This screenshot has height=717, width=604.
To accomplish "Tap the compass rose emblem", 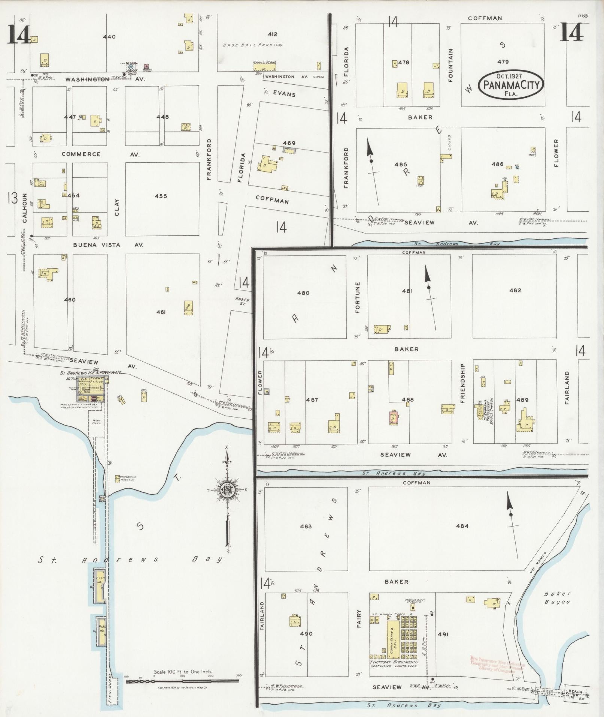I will (227, 489).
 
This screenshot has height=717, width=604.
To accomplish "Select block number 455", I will (161, 196).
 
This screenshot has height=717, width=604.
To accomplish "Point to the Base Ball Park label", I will (252, 45).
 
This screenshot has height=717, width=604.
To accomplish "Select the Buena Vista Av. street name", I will (108, 245).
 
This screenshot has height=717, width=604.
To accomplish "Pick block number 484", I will (462, 526).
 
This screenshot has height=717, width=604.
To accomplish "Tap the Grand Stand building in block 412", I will (264, 67).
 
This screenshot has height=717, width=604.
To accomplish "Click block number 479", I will (503, 62).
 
